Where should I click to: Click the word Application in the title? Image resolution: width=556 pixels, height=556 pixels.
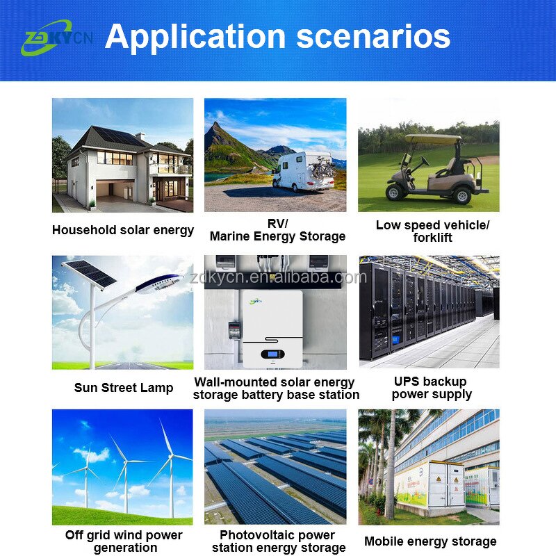coord(195,35)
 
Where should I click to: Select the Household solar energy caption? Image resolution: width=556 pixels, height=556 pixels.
coord(123,230)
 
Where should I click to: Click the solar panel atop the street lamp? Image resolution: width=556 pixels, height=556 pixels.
coord(89,273)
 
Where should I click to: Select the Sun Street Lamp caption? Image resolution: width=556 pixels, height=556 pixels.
coord(124,387)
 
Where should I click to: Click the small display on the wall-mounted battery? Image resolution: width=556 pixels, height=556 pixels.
coord(272,355)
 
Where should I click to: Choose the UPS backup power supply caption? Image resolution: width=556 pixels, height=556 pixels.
coord(432,388)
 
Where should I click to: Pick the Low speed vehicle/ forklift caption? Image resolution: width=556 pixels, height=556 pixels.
coord(432,231)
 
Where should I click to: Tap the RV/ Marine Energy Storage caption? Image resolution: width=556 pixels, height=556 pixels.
coord(277,230)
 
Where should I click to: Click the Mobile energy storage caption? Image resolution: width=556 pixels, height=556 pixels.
coord(430,541)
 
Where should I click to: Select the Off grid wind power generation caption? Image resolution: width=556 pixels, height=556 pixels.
coord(124,541)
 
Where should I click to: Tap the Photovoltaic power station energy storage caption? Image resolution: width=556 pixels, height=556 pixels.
coord(277,541)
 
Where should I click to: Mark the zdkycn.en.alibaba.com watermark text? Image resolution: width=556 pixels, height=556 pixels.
coord(277,278)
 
